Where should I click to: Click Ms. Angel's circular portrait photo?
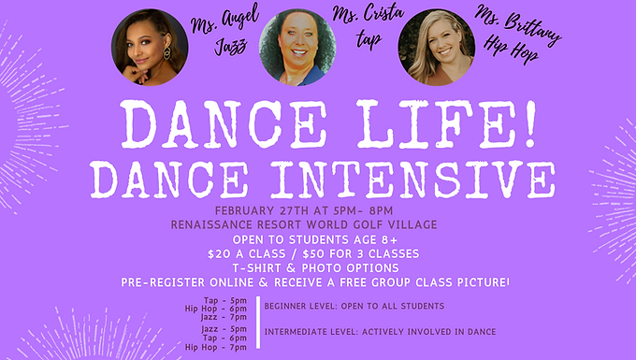click(x=144, y=48)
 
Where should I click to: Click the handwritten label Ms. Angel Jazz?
click(x=219, y=36)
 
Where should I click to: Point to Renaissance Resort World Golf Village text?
click(x=316, y=223)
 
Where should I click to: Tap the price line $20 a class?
click(x=316, y=252)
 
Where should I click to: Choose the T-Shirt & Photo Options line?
click(x=316, y=266)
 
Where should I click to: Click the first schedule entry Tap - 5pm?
click(x=230, y=300)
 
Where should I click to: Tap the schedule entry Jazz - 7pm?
click(x=229, y=317)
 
